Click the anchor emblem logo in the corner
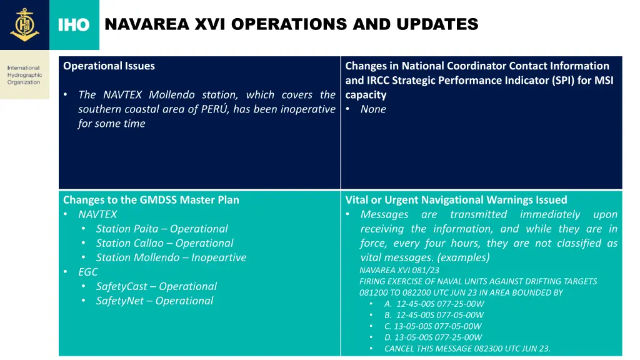coord(24,24)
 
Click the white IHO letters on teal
coord(74,25)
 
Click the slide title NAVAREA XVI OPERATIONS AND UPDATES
coord(291,24)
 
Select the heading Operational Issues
coord(109,66)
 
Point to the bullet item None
coord(373,109)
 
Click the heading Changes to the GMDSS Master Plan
coord(151,200)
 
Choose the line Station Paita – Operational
coord(161,229)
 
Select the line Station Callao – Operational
coord(164,243)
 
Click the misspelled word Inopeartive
coord(219,257)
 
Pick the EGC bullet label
coord(88,272)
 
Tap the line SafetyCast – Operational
coord(156,286)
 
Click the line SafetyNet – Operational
coord(154,301)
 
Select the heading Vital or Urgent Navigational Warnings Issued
coord(456,200)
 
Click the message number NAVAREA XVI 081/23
coord(399,271)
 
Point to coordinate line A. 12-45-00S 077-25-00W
coord(434,304)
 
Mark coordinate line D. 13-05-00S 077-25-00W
coord(433,337)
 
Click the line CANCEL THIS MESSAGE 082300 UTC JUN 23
coord(467,348)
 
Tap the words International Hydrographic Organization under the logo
coord(24,75)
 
